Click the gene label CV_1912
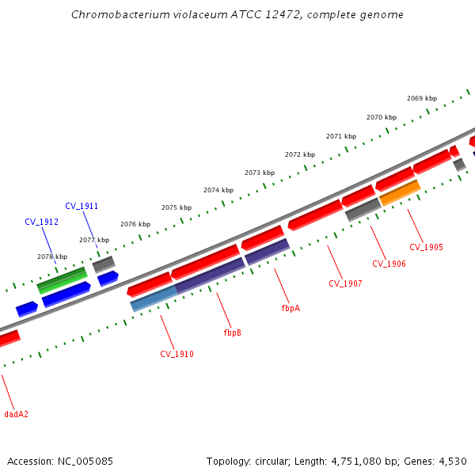pos(42,222)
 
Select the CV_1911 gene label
pos(82,206)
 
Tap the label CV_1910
pos(177,354)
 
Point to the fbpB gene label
pos(232,332)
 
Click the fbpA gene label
pos(291,308)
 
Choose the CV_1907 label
pos(345,283)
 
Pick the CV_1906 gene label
pos(389,264)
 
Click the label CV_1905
pos(427,247)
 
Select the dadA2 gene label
pos(16,414)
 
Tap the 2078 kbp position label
pos(52,256)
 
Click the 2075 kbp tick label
pos(177,207)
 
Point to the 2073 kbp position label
pos(260,173)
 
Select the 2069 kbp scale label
pos(422,98)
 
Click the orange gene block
pos(400,192)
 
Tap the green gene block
pos(62,280)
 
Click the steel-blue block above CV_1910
pos(154,298)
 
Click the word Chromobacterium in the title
pos(116,14)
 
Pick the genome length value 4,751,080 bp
pos(360,461)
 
